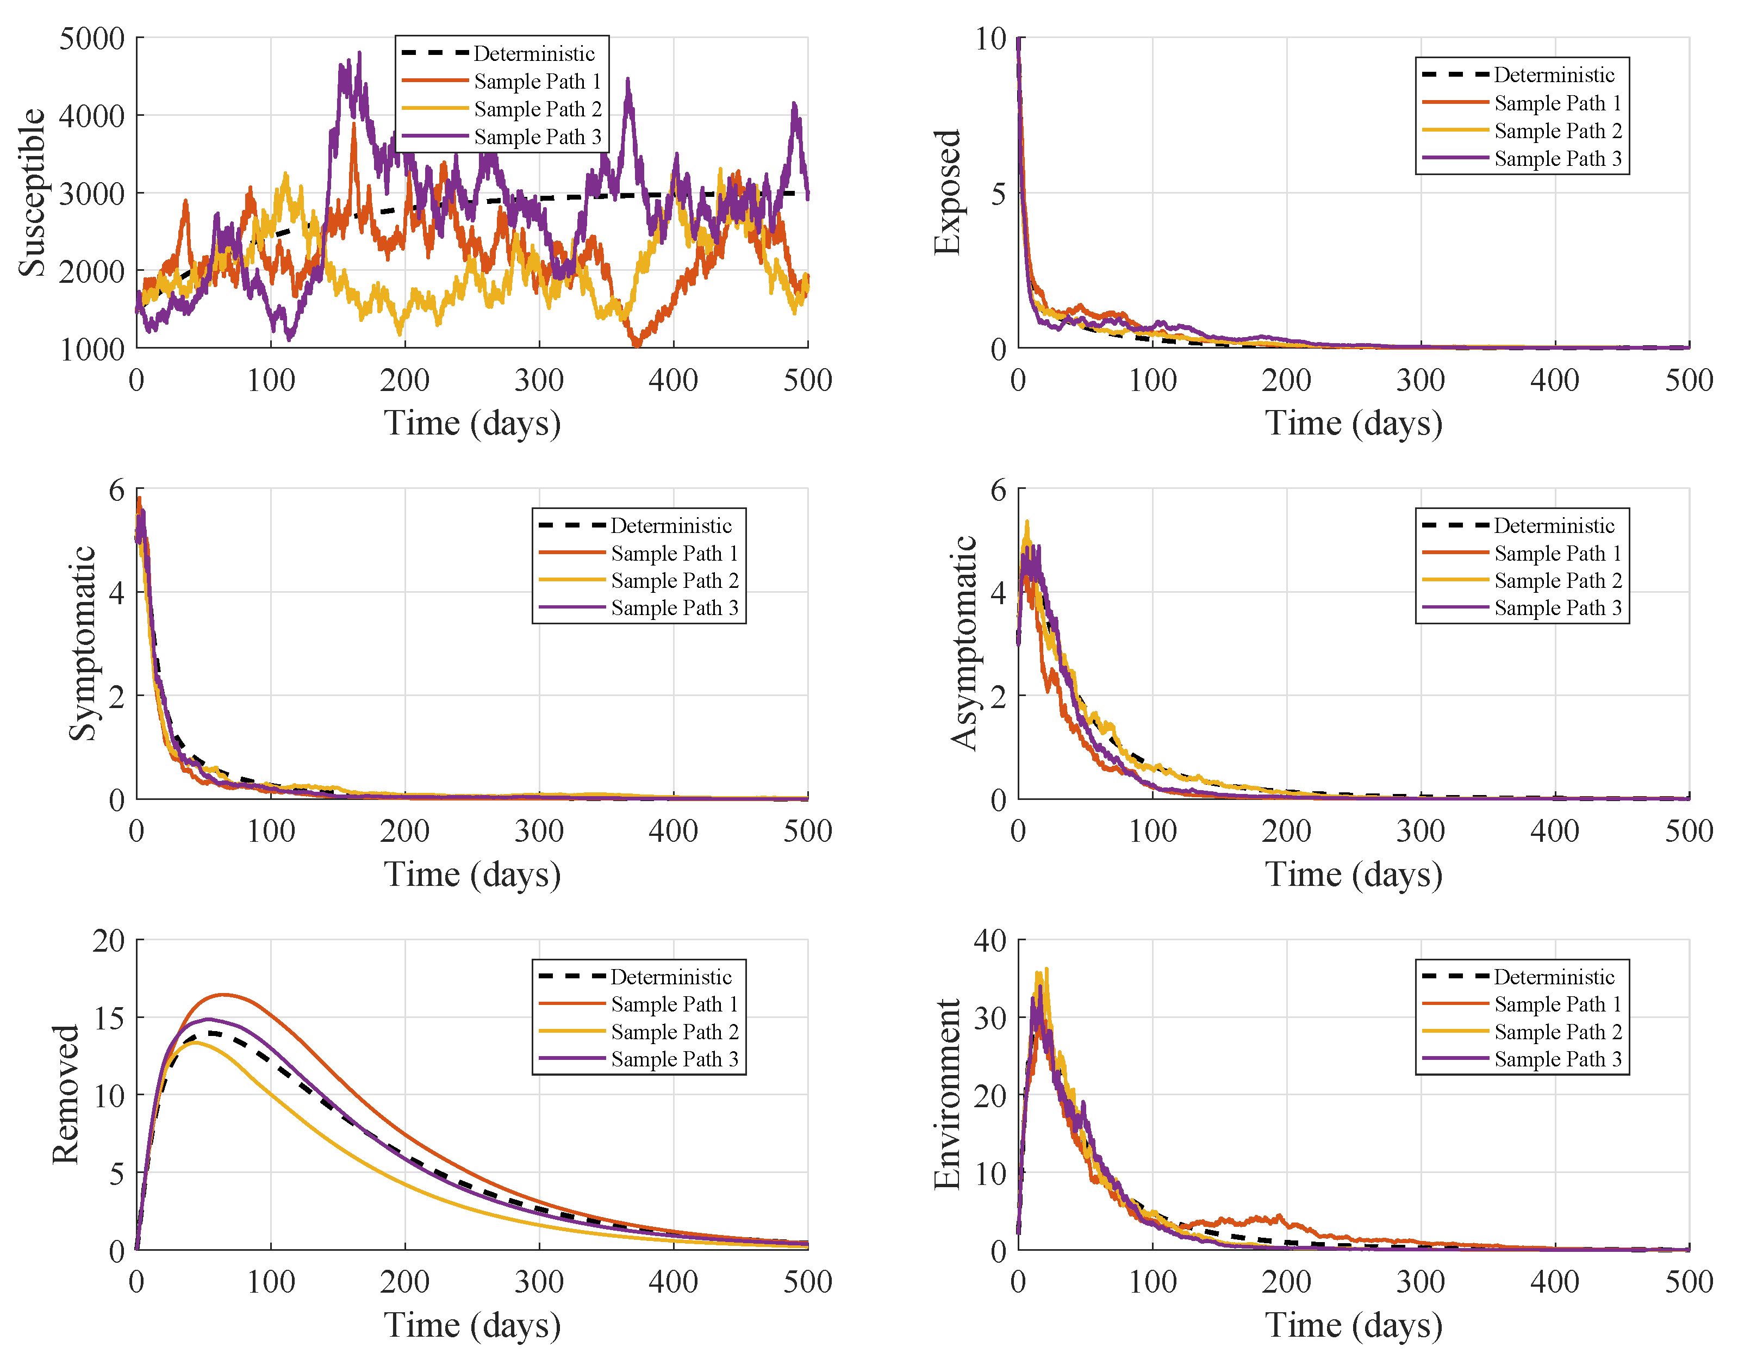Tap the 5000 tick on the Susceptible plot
[92, 38]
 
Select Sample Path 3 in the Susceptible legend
[537, 137]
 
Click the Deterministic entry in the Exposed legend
[1553, 75]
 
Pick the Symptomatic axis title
[82, 643]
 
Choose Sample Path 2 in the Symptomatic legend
[674, 580]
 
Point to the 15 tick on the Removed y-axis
[109, 1017]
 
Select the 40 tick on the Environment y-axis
[991, 941]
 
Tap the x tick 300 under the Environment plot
[1421, 1282]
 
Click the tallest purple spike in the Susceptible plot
[359, 54]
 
